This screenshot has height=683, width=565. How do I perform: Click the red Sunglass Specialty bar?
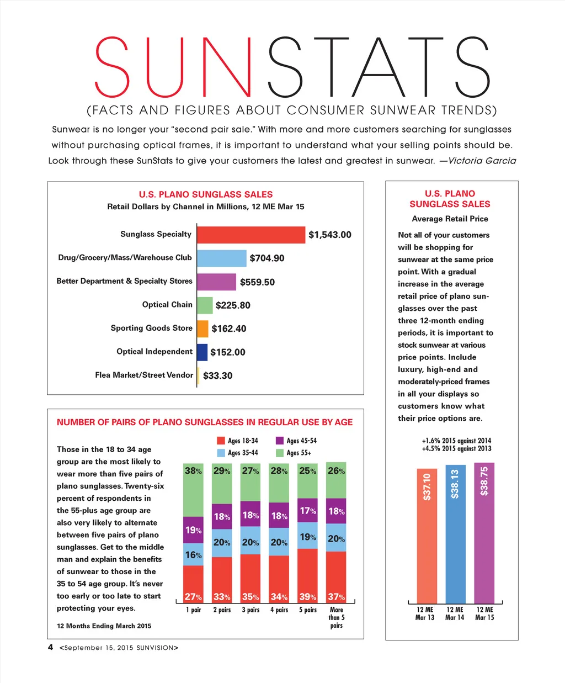tap(251, 235)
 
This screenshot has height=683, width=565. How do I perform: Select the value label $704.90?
tap(267, 258)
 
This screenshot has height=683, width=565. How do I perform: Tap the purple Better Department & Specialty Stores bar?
tap(216, 282)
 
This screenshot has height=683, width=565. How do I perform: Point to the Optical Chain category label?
tap(167, 305)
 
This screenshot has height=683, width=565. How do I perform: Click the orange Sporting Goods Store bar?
tap(202, 329)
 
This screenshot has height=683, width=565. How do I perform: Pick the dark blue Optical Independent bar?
tap(202, 352)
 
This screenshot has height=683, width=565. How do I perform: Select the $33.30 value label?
tap(218, 375)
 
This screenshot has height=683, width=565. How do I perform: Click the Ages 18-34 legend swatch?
tap(221, 441)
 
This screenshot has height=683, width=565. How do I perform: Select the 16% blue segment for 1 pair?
tap(193, 554)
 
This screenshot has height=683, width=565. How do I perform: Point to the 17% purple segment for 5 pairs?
tap(307, 511)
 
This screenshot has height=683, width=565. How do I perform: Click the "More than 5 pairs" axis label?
tap(337, 617)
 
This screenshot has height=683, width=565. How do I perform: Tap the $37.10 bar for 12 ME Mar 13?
tap(427, 536)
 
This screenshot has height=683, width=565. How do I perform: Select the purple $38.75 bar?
tap(484, 533)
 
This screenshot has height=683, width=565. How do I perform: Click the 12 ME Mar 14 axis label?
tap(455, 613)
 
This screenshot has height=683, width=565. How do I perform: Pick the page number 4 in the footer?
tap(50, 647)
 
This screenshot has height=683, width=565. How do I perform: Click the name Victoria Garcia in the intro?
tap(482, 161)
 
